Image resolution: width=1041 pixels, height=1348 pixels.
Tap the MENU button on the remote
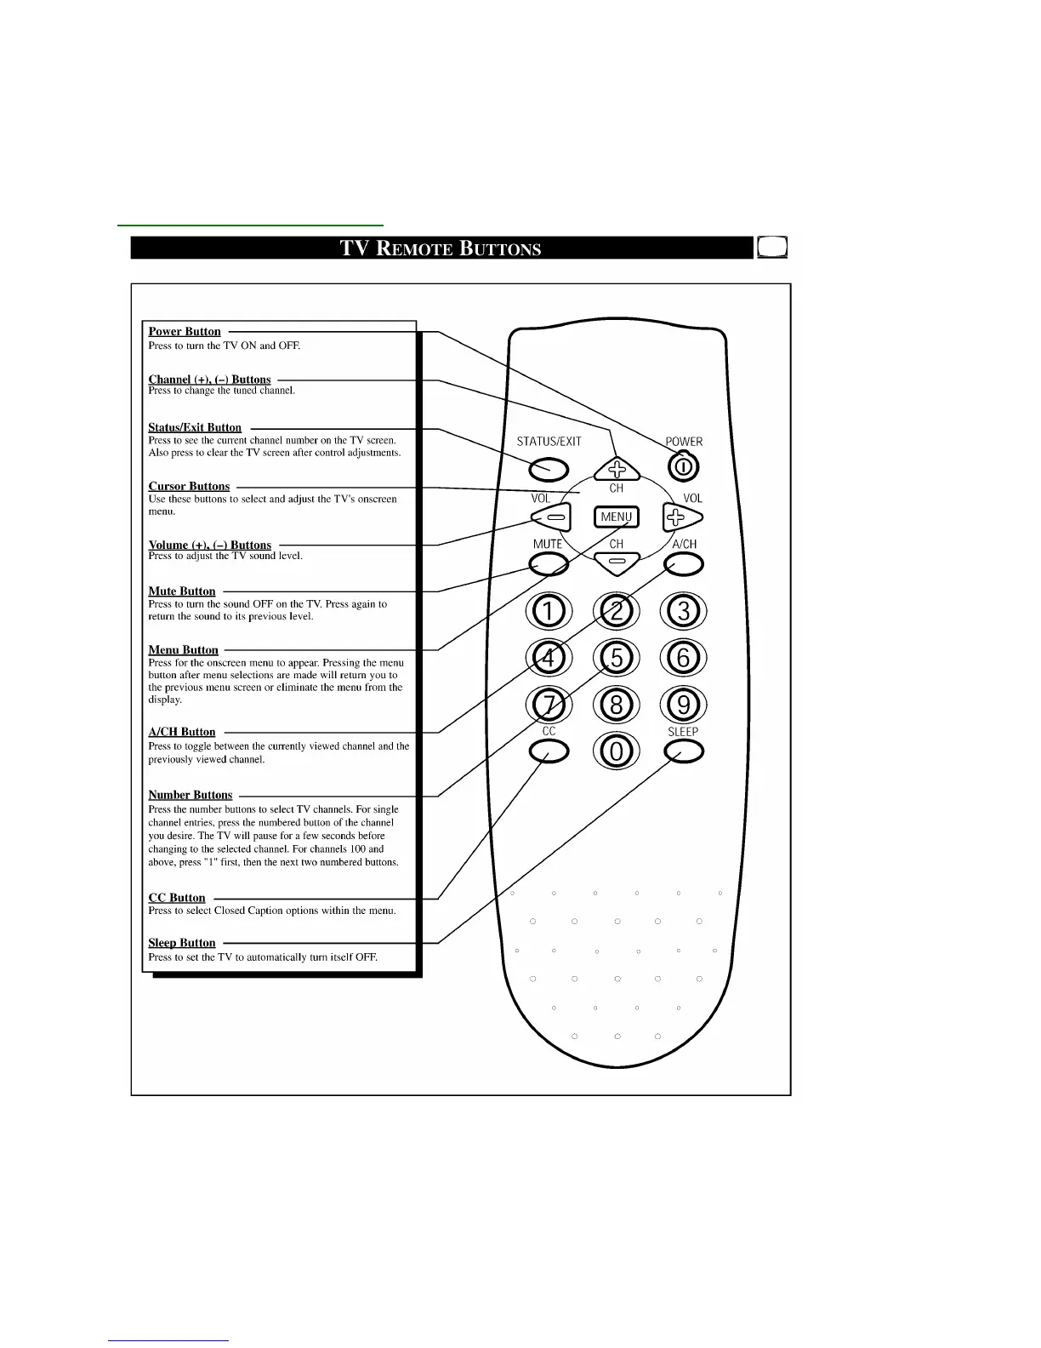coord(616,517)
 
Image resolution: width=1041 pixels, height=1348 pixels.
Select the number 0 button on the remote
coord(617,751)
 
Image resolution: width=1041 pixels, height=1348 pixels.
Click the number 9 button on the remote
coord(684,705)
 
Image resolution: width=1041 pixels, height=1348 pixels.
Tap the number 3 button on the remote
coord(684,611)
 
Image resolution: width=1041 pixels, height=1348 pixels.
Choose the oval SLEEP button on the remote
coord(685,751)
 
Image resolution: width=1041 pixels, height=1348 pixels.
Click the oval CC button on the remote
coord(549,751)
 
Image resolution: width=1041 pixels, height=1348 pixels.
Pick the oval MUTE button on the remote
coord(549,563)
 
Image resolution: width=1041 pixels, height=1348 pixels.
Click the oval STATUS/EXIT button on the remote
coord(549,468)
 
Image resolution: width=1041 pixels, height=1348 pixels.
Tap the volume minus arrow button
coord(551,517)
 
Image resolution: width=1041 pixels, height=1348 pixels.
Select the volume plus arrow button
coord(682,517)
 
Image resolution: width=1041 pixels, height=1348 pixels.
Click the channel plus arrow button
coord(617,468)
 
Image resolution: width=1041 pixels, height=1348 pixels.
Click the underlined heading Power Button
coord(185,332)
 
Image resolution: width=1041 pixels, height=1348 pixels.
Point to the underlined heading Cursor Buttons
coord(189,487)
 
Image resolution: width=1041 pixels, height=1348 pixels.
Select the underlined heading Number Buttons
coord(191,795)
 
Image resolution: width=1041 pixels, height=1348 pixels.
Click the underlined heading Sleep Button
coord(182,943)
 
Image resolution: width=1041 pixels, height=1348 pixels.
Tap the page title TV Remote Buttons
coord(441,248)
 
